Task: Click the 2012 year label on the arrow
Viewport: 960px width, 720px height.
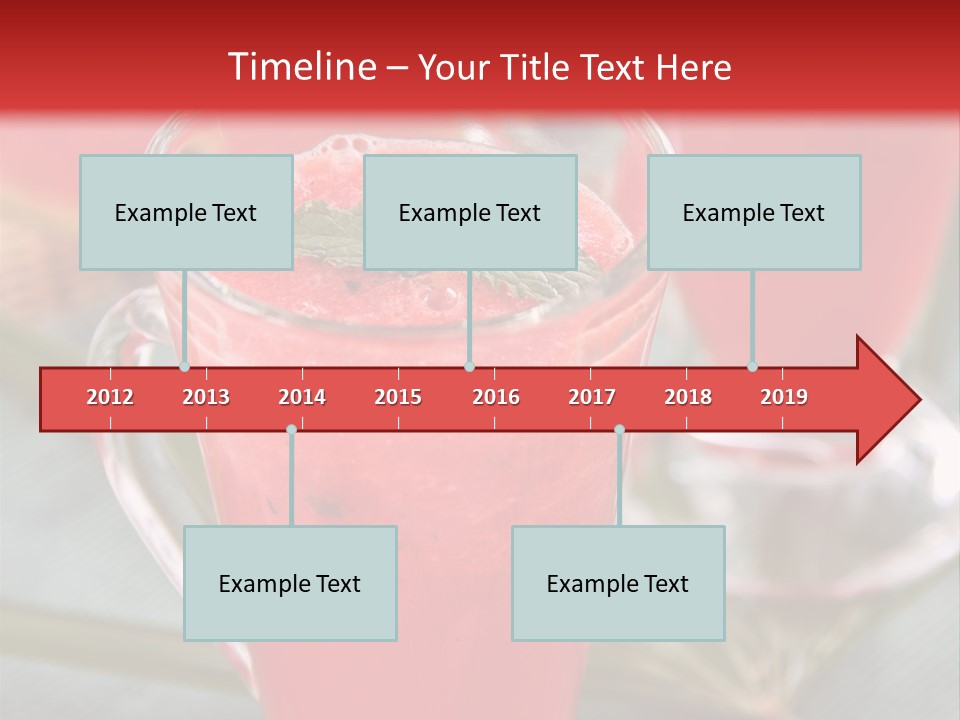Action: (110, 397)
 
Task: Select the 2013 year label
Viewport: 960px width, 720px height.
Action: (206, 397)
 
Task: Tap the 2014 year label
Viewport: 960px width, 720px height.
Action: (302, 397)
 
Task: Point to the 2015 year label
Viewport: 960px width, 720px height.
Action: (398, 397)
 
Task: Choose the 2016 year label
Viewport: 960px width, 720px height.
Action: (496, 397)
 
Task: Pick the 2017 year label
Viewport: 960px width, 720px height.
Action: (592, 397)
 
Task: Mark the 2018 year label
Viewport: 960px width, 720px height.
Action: (688, 397)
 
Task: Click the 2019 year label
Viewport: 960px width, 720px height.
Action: (784, 397)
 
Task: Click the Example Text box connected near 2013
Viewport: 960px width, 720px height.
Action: (186, 212)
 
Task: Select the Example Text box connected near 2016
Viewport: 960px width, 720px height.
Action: (470, 212)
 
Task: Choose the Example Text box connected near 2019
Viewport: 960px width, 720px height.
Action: (754, 212)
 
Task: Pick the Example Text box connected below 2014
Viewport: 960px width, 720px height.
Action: (290, 583)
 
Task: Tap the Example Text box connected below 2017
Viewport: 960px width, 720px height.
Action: (618, 583)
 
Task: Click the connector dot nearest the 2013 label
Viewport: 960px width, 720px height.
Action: (184, 367)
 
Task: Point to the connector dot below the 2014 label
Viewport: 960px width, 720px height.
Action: (291, 429)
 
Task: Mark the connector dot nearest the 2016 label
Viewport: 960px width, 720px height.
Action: (469, 367)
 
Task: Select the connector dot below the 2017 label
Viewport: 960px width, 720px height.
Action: (619, 429)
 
